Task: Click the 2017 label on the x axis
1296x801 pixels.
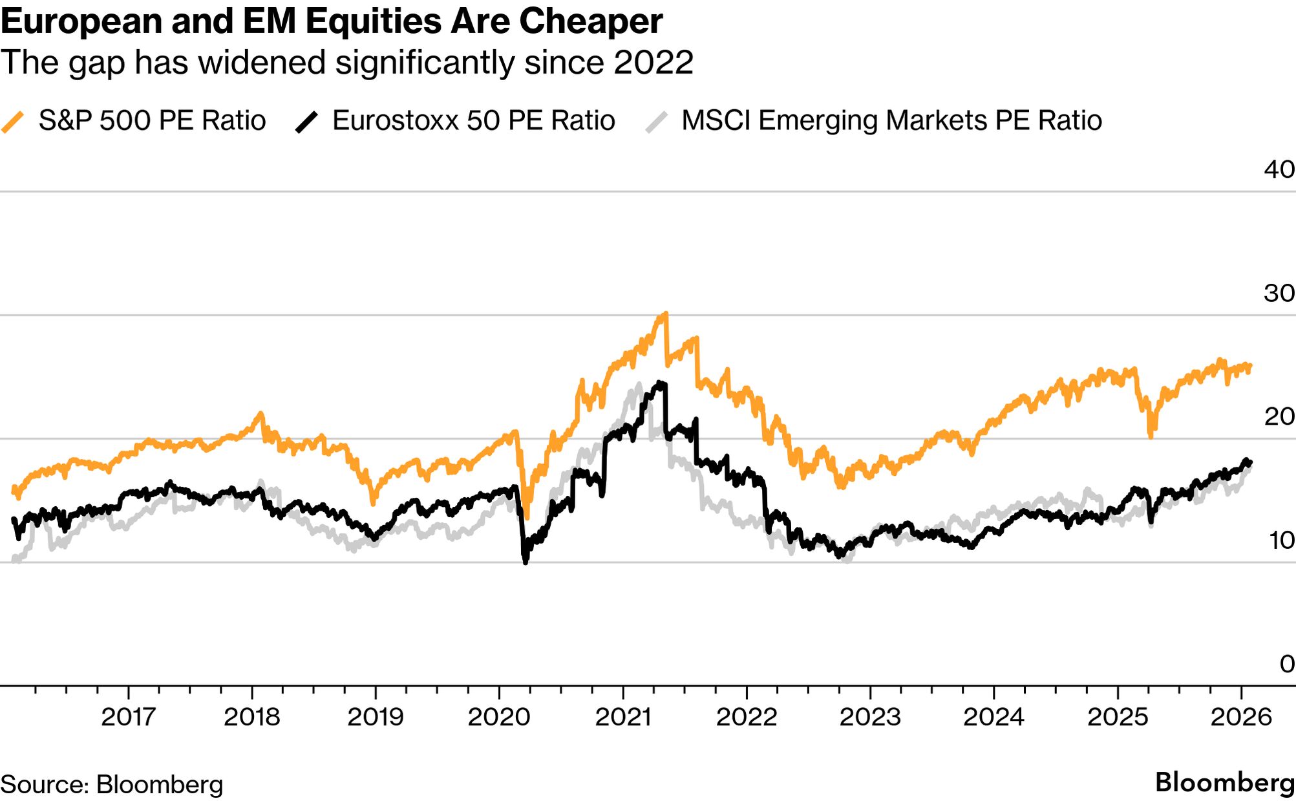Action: (x=128, y=716)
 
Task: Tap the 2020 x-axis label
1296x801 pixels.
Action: (x=498, y=716)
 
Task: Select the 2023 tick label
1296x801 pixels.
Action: (x=869, y=716)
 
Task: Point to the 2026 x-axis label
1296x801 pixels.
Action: (x=1240, y=716)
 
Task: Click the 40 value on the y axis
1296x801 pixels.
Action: (x=1279, y=169)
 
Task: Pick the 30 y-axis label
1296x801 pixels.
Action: (x=1279, y=294)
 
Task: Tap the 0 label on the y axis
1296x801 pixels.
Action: (x=1286, y=664)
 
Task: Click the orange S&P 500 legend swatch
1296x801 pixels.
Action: (x=13, y=122)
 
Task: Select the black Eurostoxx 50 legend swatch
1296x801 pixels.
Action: (x=306, y=122)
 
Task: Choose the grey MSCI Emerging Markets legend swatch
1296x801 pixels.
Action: (x=656, y=122)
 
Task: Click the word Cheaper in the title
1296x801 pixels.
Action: (x=590, y=21)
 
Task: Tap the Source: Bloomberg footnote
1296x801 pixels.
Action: (x=111, y=784)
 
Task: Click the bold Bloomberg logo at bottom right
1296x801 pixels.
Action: (x=1224, y=782)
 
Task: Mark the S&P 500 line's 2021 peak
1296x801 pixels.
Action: (x=665, y=314)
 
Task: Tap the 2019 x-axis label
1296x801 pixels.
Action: (x=375, y=716)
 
